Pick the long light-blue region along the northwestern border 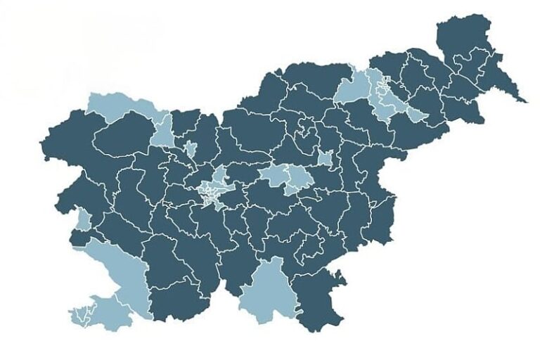click(120, 105)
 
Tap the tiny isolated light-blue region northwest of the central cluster click(190, 149)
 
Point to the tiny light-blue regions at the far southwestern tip click(81, 316)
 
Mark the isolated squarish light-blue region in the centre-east click(324, 158)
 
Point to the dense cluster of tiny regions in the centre click(210, 193)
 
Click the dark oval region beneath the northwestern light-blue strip click(123, 137)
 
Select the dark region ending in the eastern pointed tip click(503, 81)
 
